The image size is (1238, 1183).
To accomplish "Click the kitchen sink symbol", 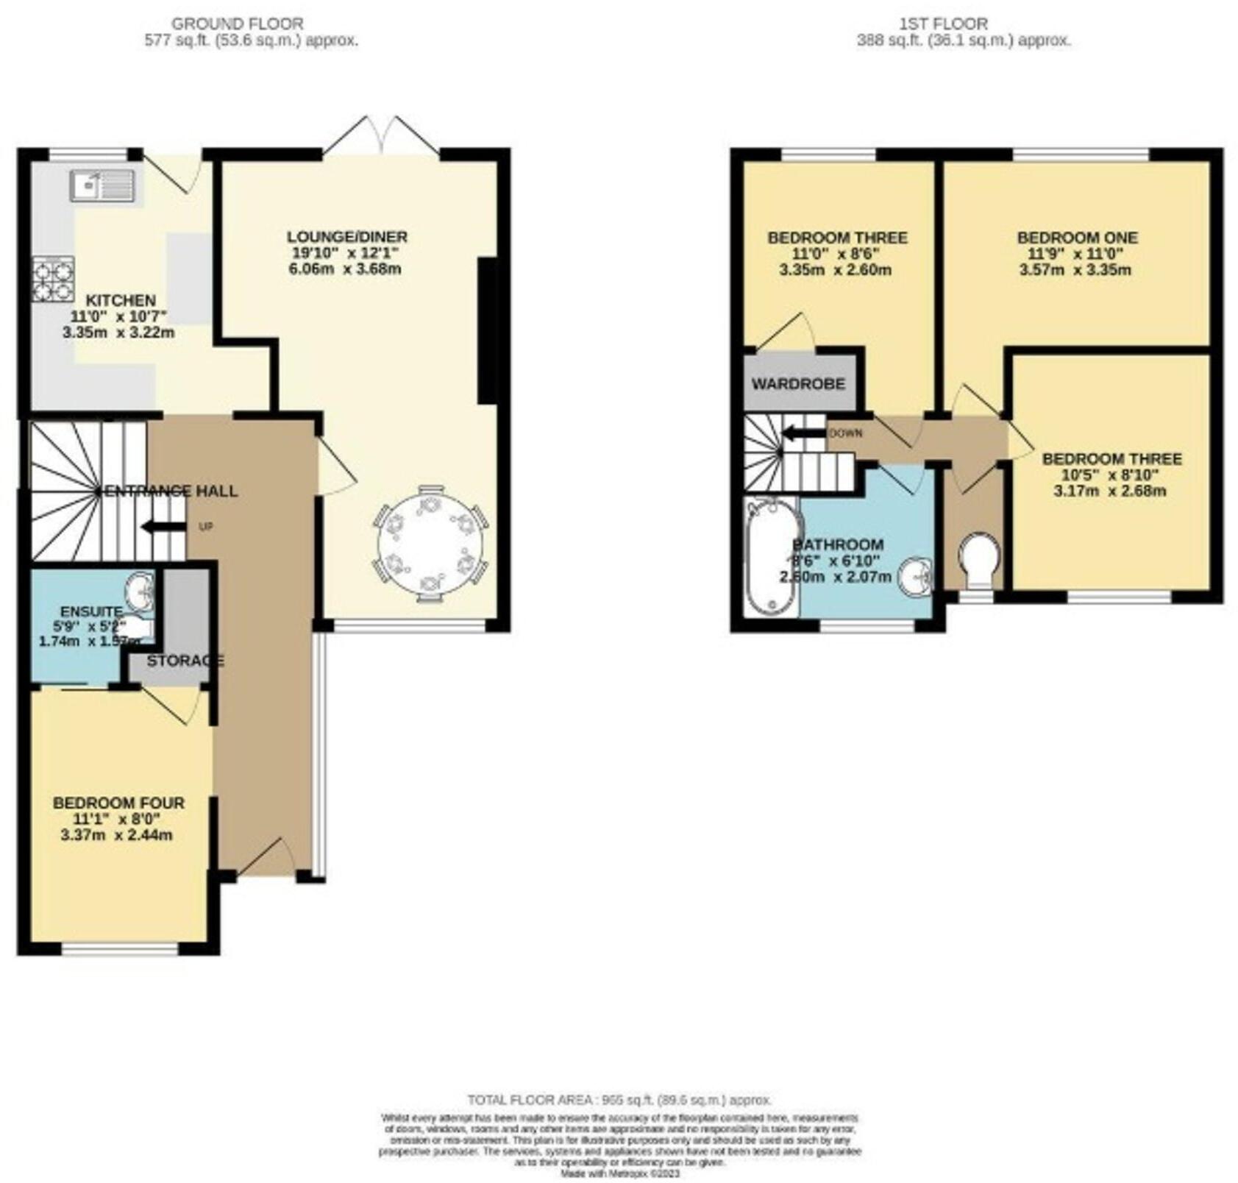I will pyautogui.click(x=102, y=185).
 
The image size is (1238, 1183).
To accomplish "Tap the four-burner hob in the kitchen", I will pyautogui.click(x=53, y=279).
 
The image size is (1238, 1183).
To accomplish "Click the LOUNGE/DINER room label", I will pyautogui.click(x=346, y=237).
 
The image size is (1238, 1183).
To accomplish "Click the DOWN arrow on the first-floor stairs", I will pyautogui.click(x=803, y=433).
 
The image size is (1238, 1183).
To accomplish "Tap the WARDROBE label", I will pyautogui.click(x=798, y=384).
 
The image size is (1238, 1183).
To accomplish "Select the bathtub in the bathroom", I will pyautogui.click(x=772, y=557).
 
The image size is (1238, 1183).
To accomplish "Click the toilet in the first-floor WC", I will pyautogui.click(x=980, y=558).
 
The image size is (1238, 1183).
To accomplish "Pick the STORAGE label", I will pyautogui.click(x=185, y=661).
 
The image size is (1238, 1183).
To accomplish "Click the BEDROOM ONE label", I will pyautogui.click(x=1077, y=238).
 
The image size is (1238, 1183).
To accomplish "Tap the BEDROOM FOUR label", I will pyautogui.click(x=118, y=803).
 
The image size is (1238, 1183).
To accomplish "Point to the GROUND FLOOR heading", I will pyautogui.click(x=237, y=24).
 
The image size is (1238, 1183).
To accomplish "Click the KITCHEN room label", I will pyautogui.click(x=121, y=300).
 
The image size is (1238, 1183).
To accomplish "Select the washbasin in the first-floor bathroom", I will pyautogui.click(x=915, y=575).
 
